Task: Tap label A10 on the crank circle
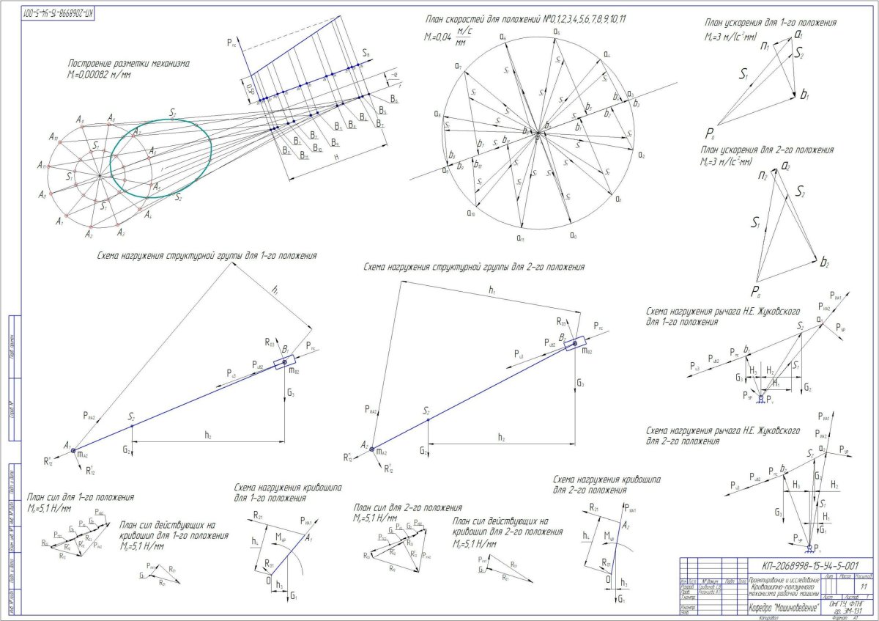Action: click(53, 137)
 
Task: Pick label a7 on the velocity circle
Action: click(458, 67)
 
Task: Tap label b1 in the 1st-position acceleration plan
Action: click(804, 95)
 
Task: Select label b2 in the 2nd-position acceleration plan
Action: click(825, 262)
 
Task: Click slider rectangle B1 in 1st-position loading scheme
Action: click(285, 362)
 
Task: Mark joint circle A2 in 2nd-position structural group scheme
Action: click(372, 449)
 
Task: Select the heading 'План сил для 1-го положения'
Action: click(80, 497)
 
